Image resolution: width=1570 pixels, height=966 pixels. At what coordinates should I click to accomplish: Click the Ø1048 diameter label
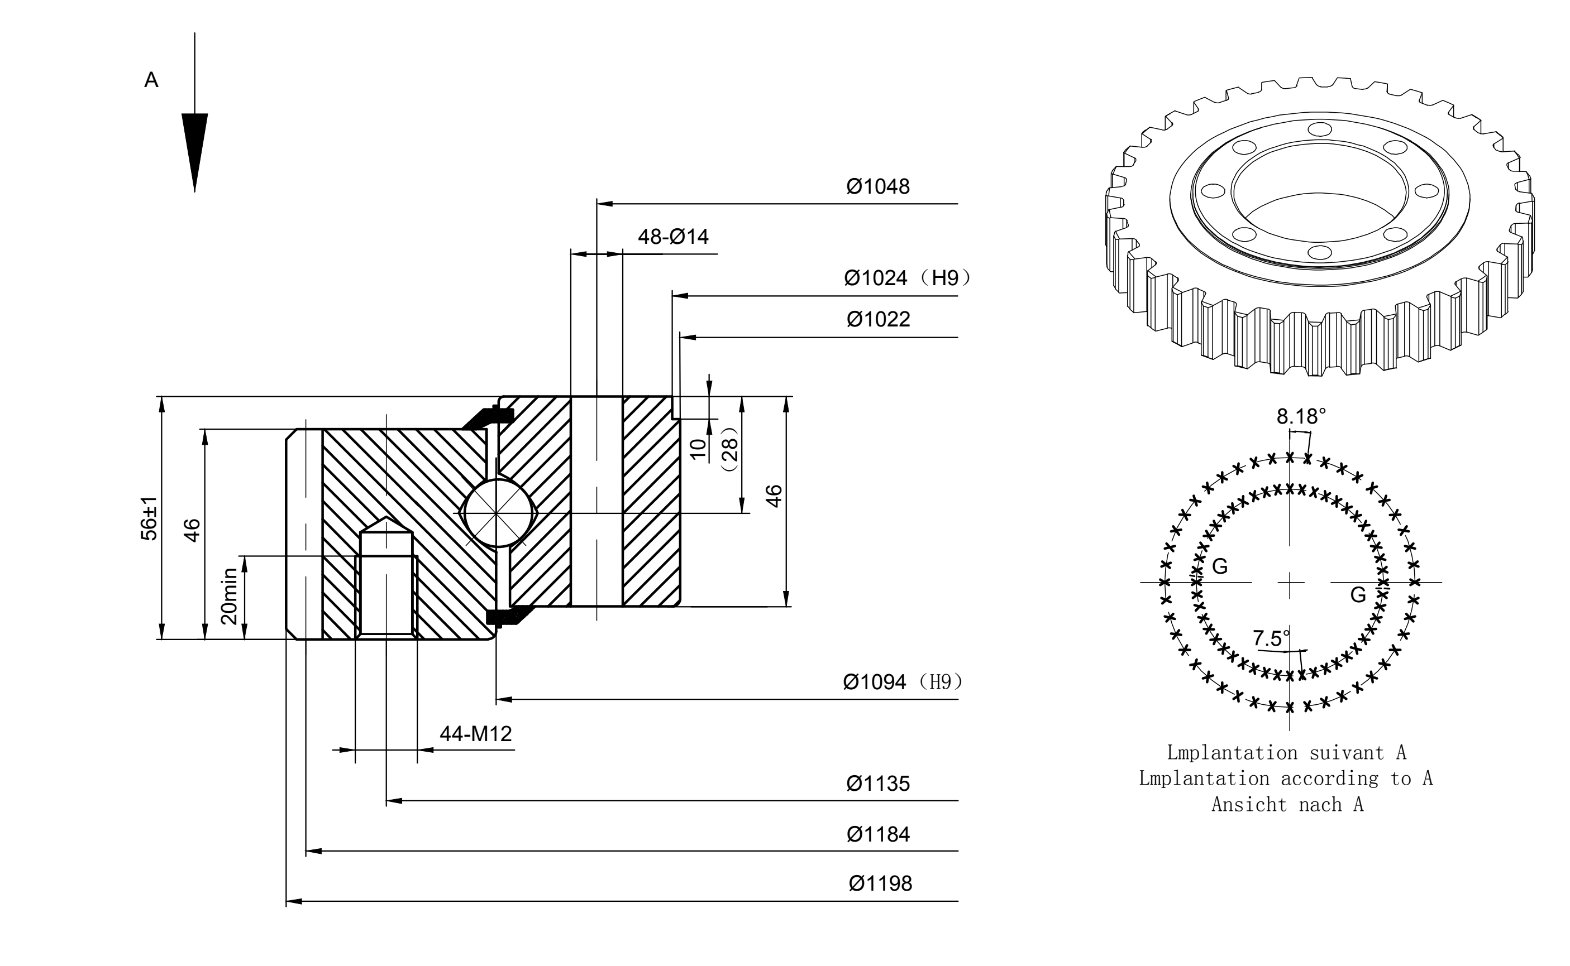click(x=877, y=186)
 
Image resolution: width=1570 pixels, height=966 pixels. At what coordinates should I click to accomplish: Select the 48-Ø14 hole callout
click(x=673, y=237)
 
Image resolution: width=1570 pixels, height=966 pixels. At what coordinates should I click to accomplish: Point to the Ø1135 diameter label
click(x=877, y=784)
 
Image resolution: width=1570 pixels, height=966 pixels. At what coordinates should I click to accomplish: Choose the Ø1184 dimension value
click(x=877, y=834)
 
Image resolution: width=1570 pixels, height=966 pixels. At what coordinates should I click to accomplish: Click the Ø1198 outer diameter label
click(x=880, y=883)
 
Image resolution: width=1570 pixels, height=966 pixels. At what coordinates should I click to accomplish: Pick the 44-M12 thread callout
click(x=476, y=734)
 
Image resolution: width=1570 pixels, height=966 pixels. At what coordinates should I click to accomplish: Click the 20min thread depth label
click(x=229, y=596)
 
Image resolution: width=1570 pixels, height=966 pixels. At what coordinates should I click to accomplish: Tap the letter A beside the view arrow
click(x=151, y=80)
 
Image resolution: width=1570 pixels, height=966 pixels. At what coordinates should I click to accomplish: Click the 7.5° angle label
click(x=1271, y=638)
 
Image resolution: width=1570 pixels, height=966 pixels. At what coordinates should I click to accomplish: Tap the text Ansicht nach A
click(x=1287, y=804)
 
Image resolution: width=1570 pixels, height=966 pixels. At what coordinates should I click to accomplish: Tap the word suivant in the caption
click(x=1346, y=753)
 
